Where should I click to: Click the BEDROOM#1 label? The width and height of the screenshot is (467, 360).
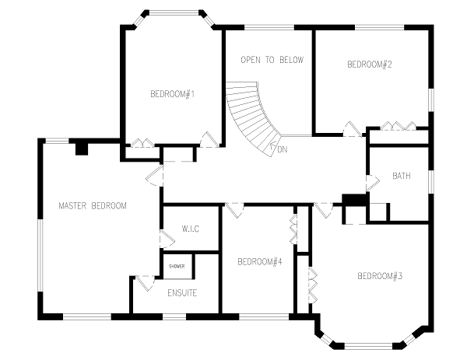173,94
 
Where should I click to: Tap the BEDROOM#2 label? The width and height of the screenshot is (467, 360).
369,65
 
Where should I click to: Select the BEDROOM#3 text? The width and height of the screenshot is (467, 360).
380,276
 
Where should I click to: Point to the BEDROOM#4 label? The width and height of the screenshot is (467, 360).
260,262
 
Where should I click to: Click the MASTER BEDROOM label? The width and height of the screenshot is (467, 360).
93,206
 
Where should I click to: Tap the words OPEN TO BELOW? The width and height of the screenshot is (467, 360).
272,60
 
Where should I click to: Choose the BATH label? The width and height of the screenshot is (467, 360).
401,176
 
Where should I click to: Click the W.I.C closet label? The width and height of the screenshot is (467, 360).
191,229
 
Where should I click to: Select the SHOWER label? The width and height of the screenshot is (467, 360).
177,266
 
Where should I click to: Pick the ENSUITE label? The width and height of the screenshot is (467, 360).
182,293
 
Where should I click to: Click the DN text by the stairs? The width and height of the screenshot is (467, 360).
283,149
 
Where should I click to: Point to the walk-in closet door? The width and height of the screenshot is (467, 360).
167,239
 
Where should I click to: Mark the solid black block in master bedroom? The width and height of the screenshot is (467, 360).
81,149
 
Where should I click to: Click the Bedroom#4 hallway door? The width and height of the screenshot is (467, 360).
234,210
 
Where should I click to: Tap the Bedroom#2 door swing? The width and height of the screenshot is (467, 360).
353,129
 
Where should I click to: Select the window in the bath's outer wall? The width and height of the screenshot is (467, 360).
431,182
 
